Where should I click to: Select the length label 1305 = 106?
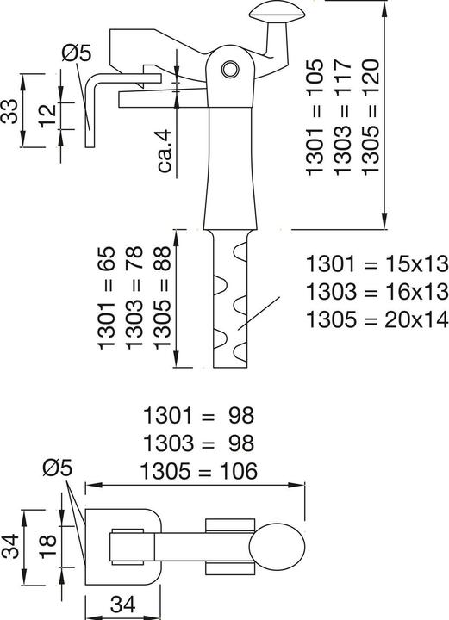point(198,471)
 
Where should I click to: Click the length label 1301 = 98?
point(198,417)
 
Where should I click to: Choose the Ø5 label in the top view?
point(59,468)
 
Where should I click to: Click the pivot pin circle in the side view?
point(229,69)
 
